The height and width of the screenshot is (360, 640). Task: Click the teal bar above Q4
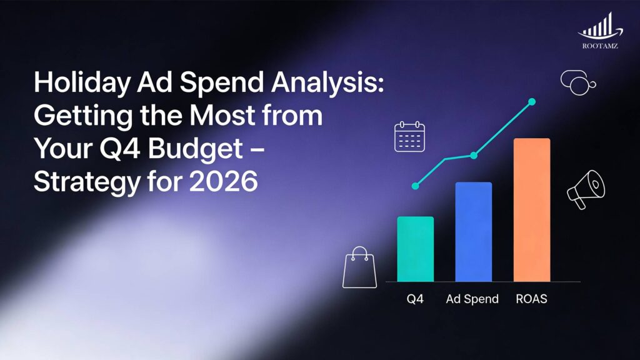pos(415,249)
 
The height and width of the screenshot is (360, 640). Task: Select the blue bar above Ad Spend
pos(473,232)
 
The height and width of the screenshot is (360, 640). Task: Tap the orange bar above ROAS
pos(532,210)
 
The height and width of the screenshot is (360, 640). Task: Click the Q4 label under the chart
pos(415,299)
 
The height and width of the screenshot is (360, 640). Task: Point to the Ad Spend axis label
pos(472,299)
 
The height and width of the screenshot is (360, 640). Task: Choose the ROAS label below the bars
pos(532,299)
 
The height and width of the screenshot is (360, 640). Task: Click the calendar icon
pos(409,136)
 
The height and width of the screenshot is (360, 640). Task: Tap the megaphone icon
pos(586,188)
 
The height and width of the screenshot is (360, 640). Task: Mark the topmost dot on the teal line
pos(532,101)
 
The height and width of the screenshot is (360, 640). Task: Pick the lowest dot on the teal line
pos(415,186)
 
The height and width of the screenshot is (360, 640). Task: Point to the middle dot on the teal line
pos(473,155)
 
